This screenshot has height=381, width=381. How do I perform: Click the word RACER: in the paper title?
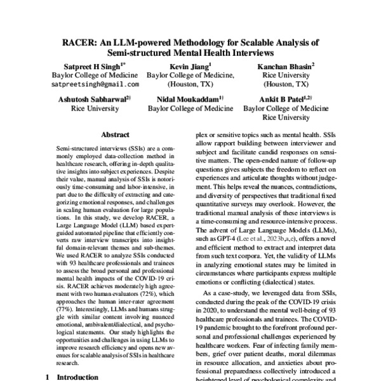point(78,43)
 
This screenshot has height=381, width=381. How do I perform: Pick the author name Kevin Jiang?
point(191,65)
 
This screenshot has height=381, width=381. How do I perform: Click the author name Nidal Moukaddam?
point(186,99)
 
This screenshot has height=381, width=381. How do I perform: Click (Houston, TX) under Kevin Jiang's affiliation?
point(191,84)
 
